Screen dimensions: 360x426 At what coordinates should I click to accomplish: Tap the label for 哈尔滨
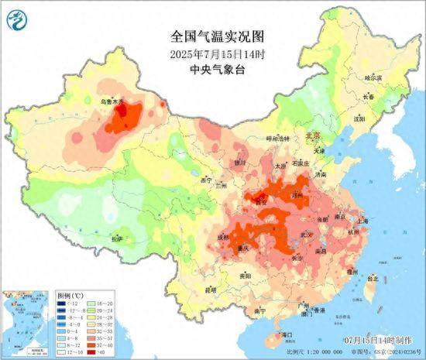pos(373,77)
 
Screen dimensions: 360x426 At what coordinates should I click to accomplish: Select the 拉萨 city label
pos(117,240)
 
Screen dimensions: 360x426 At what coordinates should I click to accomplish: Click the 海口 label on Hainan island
pos(287,334)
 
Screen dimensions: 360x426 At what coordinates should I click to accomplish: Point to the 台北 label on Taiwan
pos(373,277)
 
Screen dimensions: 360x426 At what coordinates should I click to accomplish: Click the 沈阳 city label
pos(359,120)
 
